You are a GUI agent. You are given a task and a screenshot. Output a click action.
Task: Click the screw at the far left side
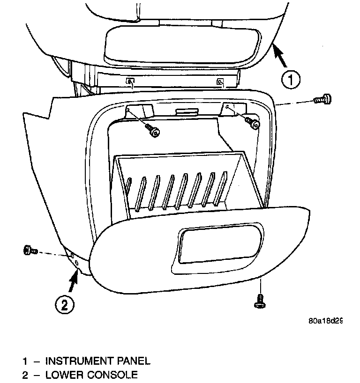[x=30, y=250]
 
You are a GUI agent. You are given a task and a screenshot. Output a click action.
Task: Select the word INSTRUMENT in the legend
[x=82, y=361]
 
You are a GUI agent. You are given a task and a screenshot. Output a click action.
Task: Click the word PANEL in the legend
[x=135, y=361]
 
